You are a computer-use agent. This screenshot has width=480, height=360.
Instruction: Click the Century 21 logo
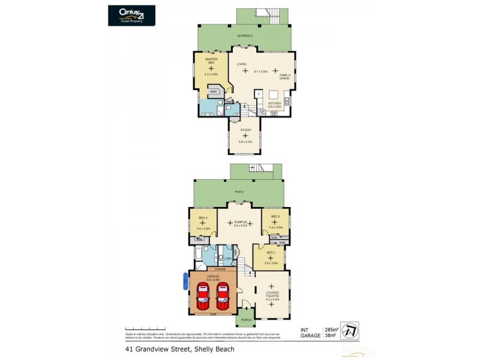[131, 15]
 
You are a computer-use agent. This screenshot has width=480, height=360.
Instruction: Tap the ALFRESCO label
[244, 37]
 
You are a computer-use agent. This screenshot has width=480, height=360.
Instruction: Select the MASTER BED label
[211, 61]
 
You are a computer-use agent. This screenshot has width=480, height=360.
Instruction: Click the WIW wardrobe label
[213, 92]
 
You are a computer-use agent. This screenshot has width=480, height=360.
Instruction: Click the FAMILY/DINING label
[284, 77]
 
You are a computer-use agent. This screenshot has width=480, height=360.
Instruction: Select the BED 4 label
[202, 217]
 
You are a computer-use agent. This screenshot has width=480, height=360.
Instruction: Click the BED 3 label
[275, 217]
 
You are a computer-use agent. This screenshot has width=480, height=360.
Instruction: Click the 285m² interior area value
[331, 329]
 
